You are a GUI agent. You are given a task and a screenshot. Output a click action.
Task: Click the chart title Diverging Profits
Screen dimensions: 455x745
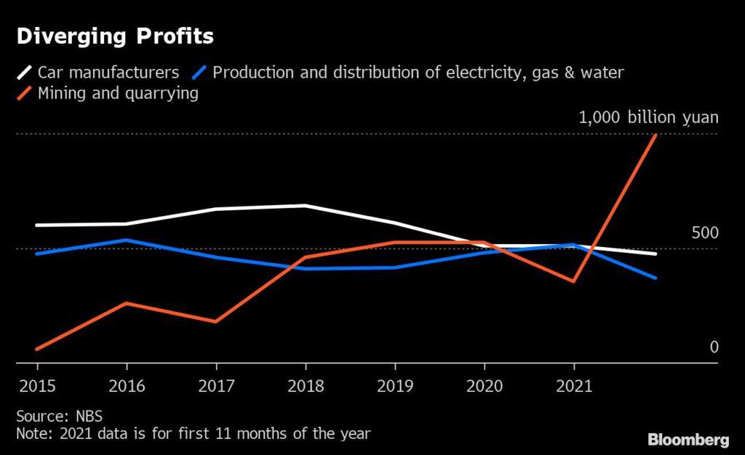115,36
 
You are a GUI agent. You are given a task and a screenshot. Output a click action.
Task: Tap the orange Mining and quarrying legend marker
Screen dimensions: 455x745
25,93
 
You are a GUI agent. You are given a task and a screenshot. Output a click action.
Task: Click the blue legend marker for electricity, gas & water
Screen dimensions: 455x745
200,72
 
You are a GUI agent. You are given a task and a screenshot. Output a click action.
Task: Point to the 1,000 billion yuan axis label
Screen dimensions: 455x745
648,118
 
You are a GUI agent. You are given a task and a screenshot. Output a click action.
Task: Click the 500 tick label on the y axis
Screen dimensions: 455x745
705,233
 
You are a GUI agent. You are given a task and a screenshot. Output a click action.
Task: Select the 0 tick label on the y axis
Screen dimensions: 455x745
714,347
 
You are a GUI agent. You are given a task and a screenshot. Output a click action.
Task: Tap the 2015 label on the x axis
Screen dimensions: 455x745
36,385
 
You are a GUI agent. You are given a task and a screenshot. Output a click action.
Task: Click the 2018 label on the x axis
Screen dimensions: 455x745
305,385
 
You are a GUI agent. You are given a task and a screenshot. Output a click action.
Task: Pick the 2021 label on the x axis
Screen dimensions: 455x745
573,385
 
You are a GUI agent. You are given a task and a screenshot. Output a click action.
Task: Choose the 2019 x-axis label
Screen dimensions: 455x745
394,385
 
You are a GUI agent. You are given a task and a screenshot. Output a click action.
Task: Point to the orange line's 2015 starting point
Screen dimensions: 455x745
36,349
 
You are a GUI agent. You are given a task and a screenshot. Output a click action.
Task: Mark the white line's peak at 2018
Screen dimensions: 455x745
305,206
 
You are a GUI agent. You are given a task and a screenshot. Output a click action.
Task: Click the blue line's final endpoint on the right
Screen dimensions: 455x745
656,278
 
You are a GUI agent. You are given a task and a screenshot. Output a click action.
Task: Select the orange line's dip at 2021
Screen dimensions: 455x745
574,281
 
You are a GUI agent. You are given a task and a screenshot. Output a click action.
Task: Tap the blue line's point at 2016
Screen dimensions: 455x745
127,240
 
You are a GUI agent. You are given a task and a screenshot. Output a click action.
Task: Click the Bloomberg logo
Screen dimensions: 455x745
688,440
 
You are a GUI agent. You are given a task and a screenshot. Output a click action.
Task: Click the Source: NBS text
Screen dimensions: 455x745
60,416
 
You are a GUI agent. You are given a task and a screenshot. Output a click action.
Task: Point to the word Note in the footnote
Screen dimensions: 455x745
33,434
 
